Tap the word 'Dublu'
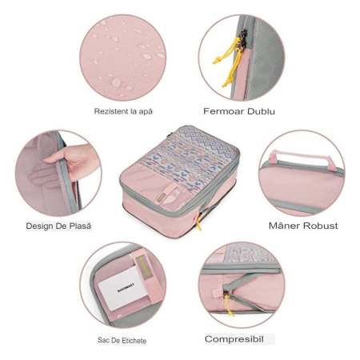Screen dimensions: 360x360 pyautogui.click(x=259, y=111)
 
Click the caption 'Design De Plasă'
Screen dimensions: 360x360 pyautogui.click(x=58, y=226)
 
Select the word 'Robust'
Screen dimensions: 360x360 pyautogui.click(x=320, y=226)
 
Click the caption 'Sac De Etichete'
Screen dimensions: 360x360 pyautogui.click(x=122, y=340)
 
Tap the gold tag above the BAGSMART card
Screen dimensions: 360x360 pyautogui.click(x=143, y=267)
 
